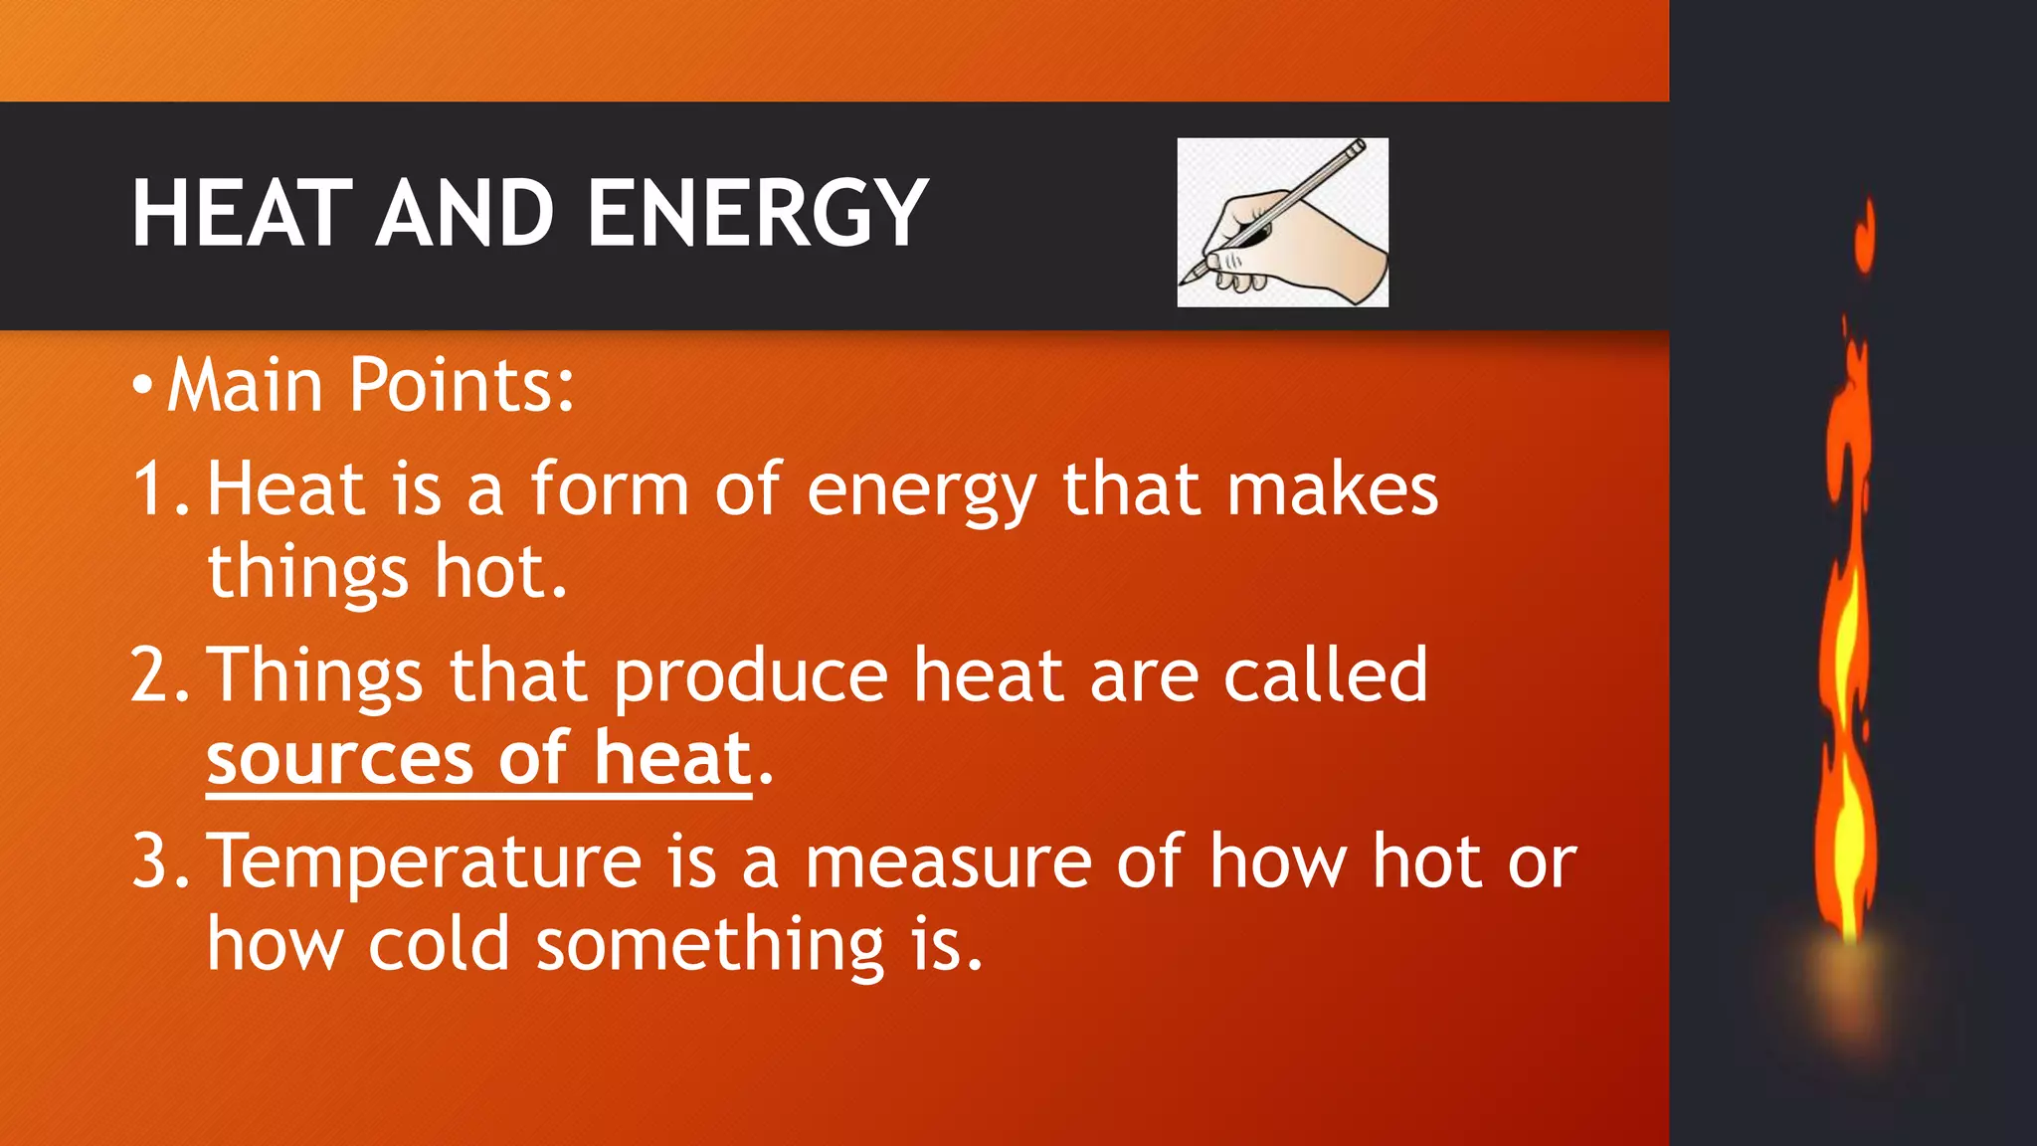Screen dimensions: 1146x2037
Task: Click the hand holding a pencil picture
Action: (1282, 222)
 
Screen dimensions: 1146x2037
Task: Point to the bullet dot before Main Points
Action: (142, 386)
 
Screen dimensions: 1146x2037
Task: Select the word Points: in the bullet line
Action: (462, 385)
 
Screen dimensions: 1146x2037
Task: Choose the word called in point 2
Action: (1325, 674)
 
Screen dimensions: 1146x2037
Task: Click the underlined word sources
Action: (340, 760)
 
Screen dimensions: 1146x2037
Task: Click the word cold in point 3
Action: (439, 944)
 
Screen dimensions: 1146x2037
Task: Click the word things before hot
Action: (307, 574)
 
